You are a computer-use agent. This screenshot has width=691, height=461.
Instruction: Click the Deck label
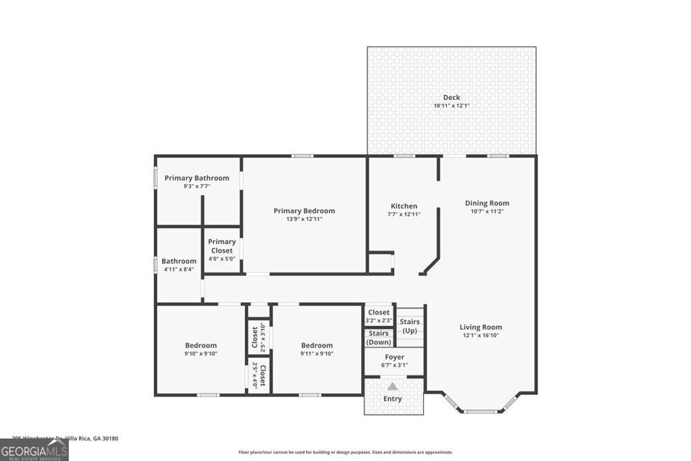[x=451, y=97]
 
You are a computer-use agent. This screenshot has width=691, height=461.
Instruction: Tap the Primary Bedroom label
[x=304, y=211]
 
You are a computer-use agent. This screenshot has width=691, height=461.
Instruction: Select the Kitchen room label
[x=404, y=206]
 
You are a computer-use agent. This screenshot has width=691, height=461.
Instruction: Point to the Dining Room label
[x=487, y=202]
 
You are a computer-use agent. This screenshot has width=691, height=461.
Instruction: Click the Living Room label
[x=482, y=327]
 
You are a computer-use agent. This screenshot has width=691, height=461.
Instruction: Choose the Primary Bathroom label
[x=197, y=178]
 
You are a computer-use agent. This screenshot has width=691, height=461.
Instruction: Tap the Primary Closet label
[x=222, y=246]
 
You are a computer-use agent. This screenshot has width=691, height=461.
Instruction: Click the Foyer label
[x=395, y=356]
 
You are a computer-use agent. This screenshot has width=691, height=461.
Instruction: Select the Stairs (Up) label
[x=410, y=326]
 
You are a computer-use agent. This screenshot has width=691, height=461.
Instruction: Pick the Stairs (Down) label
[x=379, y=337]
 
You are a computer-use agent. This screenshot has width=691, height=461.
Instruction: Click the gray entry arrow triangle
[x=392, y=387]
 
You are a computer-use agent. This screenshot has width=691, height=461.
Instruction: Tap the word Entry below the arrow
[x=393, y=399]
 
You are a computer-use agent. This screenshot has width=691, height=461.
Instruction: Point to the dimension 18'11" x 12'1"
[x=451, y=106]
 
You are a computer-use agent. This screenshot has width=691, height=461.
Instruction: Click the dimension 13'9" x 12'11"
[x=304, y=219]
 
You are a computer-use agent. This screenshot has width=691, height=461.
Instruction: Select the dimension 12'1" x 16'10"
[x=482, y=335]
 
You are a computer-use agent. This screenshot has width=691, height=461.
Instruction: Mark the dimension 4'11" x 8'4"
[x=179, y=269]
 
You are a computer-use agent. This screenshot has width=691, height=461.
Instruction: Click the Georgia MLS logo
[x=34, y=450]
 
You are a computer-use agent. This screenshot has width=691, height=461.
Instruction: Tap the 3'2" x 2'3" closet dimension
[x=379, y=320]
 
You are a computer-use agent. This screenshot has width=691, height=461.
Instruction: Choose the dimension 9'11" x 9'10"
[x=317, y=354]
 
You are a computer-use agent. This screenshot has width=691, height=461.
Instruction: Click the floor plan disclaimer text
[x=345, y=452]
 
